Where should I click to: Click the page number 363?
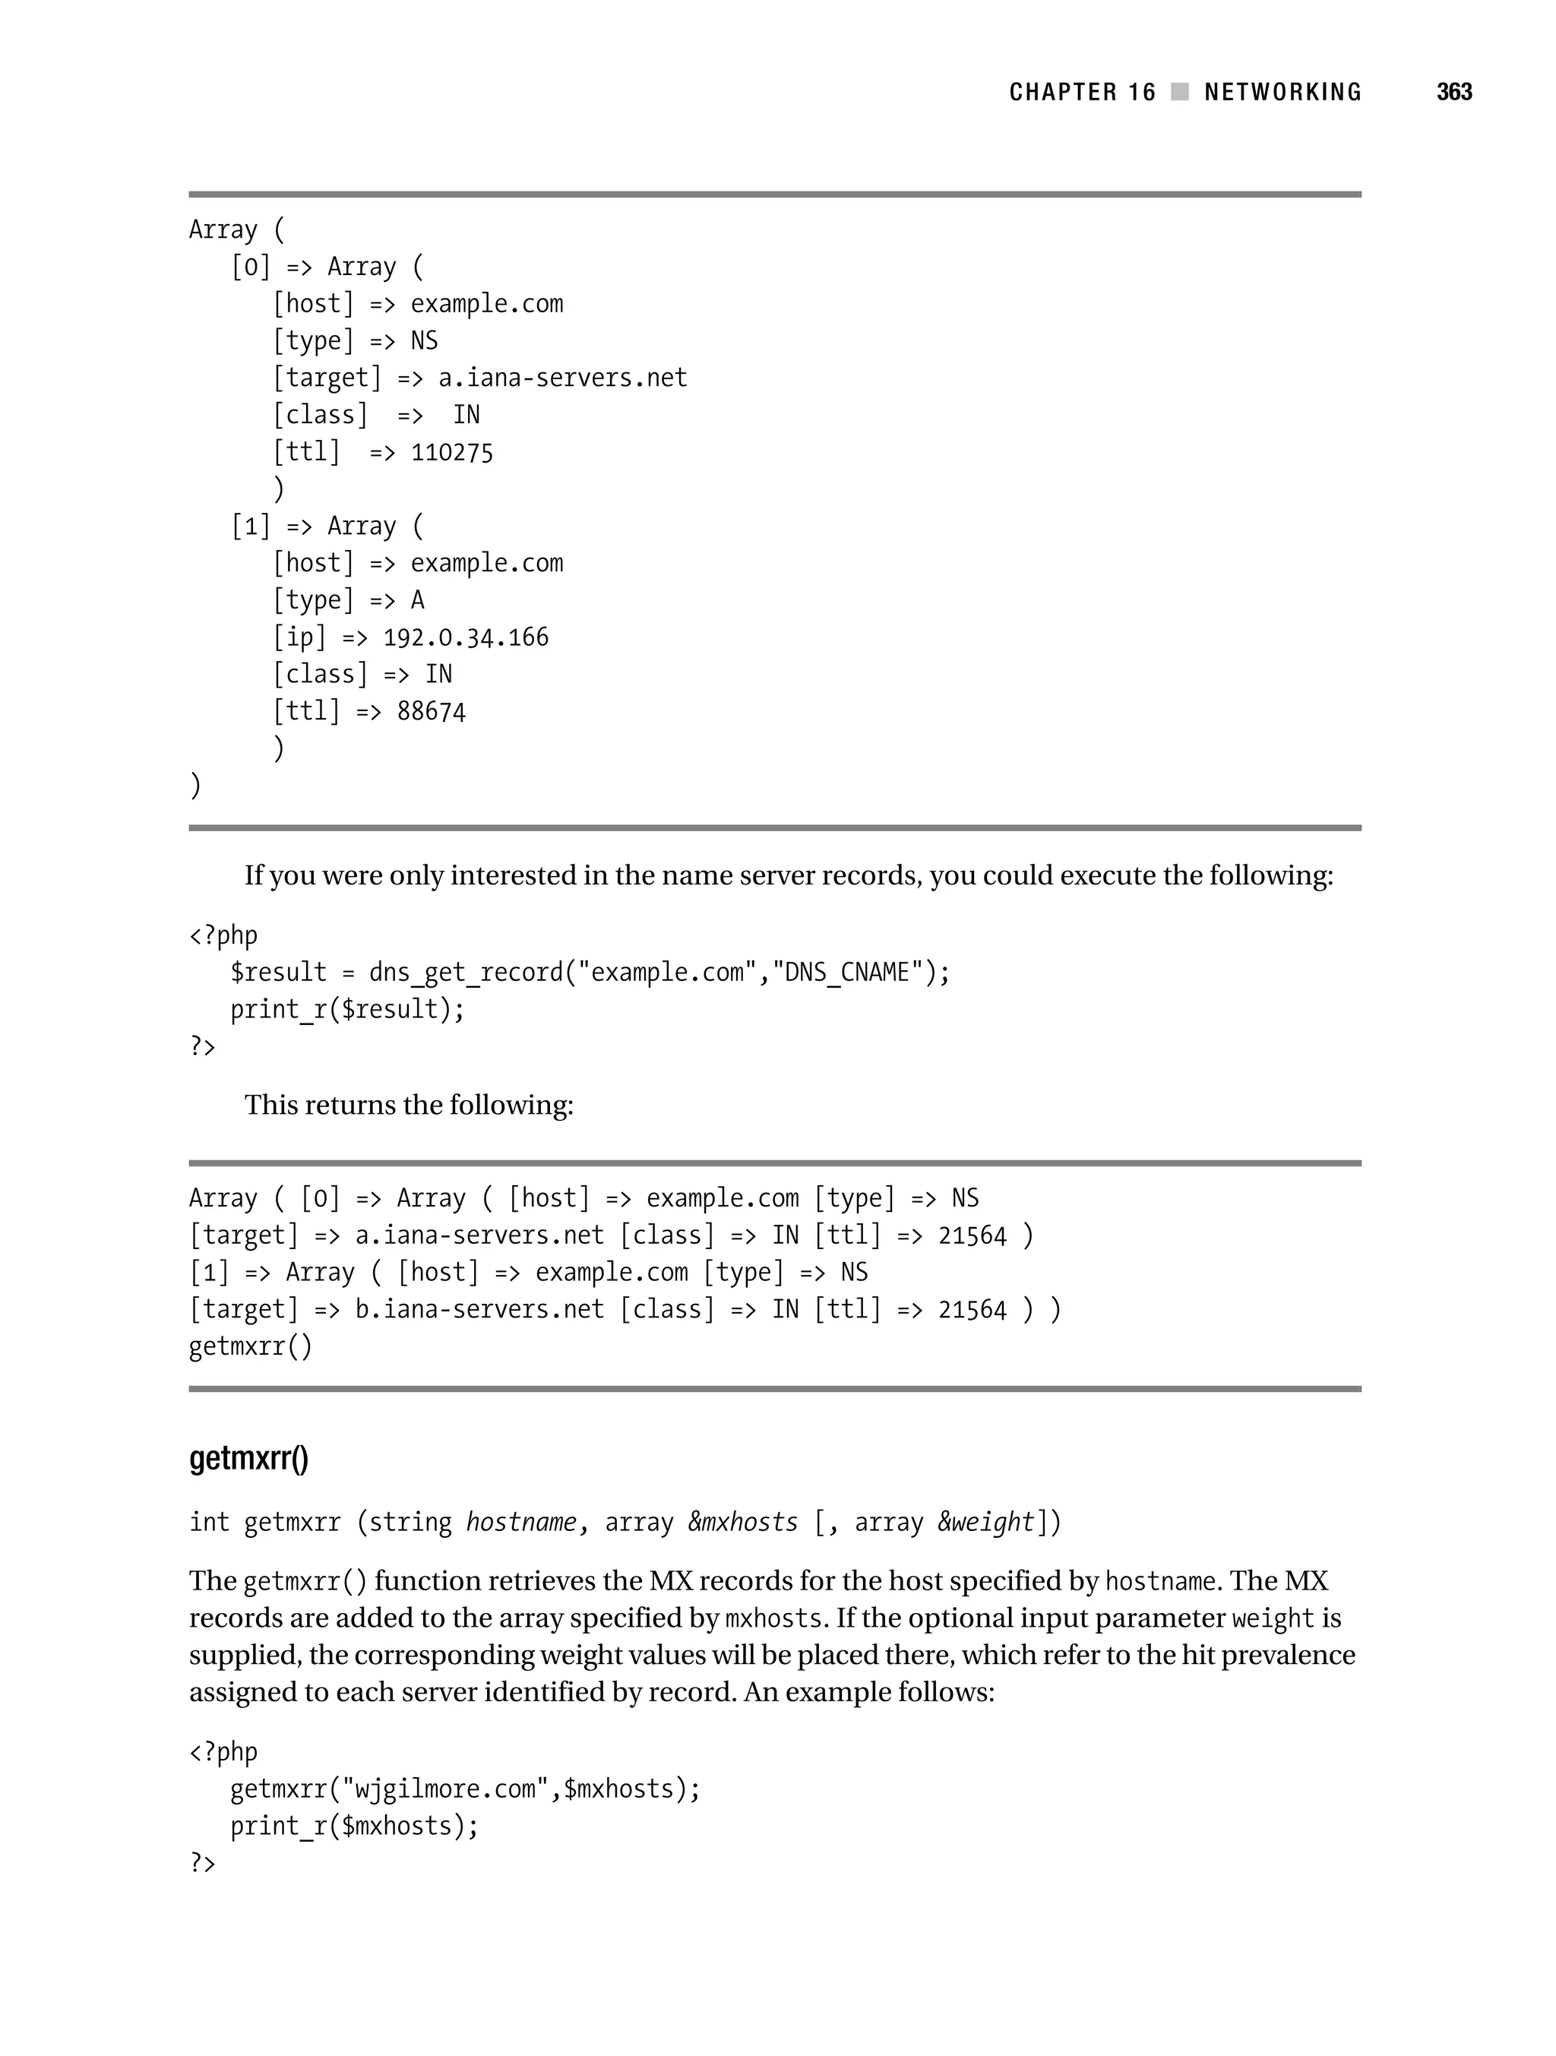[1453, 92]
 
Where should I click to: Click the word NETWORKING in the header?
[1282, 92]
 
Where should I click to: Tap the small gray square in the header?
[1180, 92]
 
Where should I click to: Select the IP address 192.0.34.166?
[466, 637]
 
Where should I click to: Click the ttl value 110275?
[452, 453]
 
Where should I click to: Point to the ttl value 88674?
[432, 712]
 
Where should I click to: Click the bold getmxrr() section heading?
[249, 1457]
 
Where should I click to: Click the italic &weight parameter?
[985, 1523]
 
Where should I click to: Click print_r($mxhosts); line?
[354, 1827]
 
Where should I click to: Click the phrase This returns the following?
[409, 1105]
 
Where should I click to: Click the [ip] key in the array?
[299, 637]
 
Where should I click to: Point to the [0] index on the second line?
[250, 267]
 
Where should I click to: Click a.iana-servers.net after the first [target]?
[562, 378]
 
